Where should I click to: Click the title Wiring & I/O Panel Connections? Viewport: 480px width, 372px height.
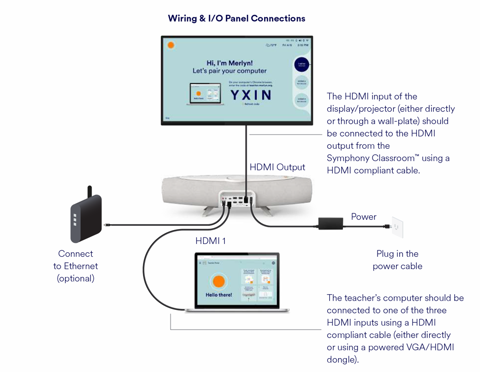point(237,19)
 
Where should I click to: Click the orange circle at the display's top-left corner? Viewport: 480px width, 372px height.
point(171,45)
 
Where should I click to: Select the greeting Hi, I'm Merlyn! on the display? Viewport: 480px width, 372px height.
point(230,63)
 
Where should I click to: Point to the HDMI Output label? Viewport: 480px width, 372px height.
point(277,167)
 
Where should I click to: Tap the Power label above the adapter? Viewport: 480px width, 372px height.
point(364,217)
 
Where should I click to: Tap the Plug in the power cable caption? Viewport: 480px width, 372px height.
point(397,260)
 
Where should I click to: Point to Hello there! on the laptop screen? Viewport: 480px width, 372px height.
point(218,295)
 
